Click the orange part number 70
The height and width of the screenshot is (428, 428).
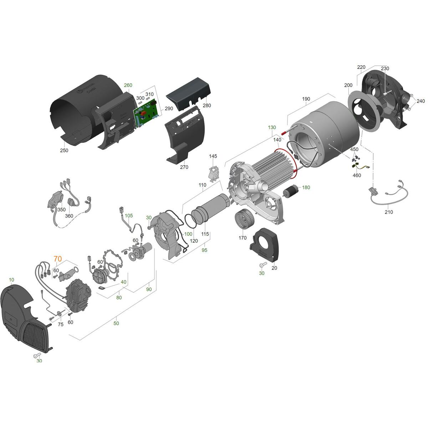tap(58, 259)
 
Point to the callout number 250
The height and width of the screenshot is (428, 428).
tap(64, 151)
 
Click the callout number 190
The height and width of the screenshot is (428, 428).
tap(306, 99)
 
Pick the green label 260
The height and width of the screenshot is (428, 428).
tap(128, 85)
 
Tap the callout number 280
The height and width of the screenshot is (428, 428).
tap(207, 106)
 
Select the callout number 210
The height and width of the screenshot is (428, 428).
tap(389, 212)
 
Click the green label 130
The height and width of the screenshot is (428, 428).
tap(272, 127)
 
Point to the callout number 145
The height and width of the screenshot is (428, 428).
tap(213, 156)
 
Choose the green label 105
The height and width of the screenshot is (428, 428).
tap(129, 215)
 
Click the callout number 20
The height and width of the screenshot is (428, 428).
tap(274, 268)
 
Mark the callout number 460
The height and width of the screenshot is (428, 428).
tap(357, 175)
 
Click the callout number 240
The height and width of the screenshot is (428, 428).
tap(421, 101)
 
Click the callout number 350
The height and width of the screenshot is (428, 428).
tap(61, 209)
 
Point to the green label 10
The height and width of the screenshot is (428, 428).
tap(11, 280)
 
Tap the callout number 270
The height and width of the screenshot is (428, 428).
tap(184, 167)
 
